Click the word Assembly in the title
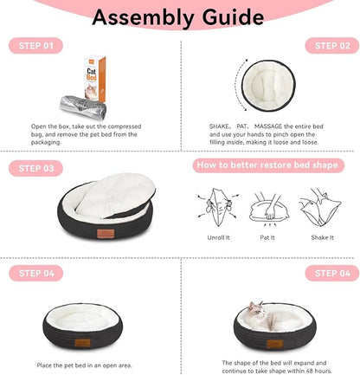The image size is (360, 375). pyautogui.click(x=143, y=18)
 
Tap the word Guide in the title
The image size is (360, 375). pyautogui.click(x=233, y=17)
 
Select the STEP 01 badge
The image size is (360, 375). pyautogui.click(x=35, y=46)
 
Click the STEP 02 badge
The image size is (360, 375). pyautogui.click(x=332, y=46)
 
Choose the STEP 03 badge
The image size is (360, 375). pyautogui.click(x=35, y=168)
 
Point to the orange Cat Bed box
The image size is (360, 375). pyautogui.click(x=95, y=79)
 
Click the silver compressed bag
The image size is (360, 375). pyautogui.click(x=83, y=107)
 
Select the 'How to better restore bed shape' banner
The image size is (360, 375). pyautogui.click(x=268, y=165)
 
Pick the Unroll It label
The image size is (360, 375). pyautogui.click(x=218, y=237)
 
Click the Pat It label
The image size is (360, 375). pyautogui.click(x=267, y=237)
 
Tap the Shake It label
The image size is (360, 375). pyautogui.click(x=322, y=237)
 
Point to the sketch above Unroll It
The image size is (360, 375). pyautogui.click(x=218, y=207)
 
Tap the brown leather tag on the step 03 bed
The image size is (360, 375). pyautogui.click(x=106, y=234)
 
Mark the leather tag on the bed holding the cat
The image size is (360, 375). pyautogui.click(x=274, y=344)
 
